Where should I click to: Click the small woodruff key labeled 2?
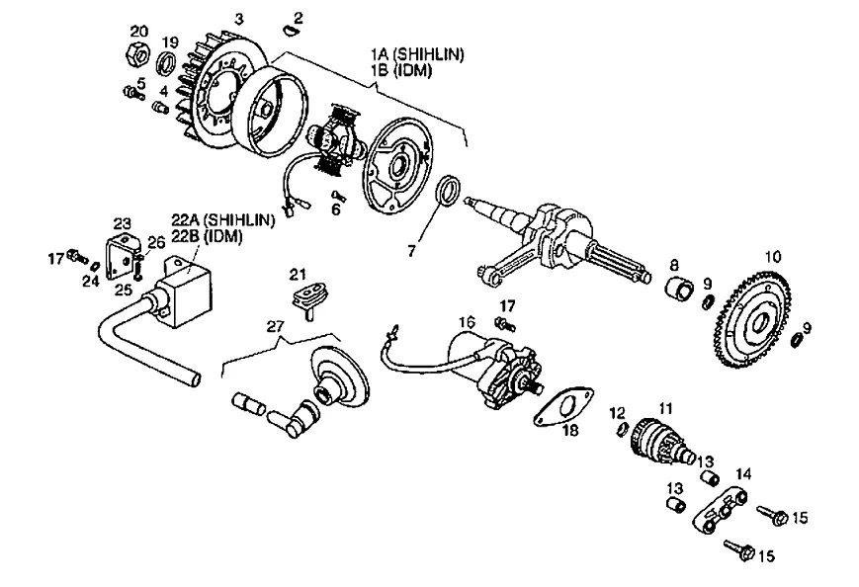[x=289, y=33]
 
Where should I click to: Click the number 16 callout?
[x=467, y=322]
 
